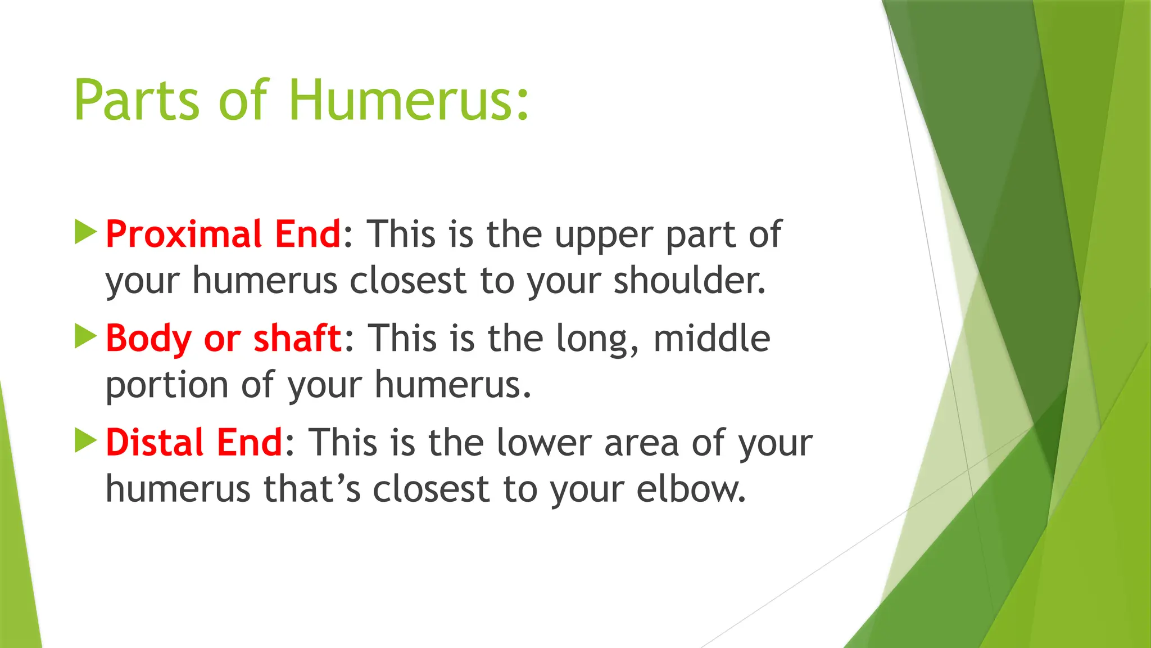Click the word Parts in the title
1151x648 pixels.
(x=137, y=100)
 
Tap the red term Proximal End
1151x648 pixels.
(x=223, y=234)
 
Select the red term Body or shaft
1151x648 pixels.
(x=224, y=339)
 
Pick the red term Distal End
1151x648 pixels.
(x=194, y=443)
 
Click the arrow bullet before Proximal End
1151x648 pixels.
(x=85, y=232)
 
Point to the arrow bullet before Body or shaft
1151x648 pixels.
(x=85, y=336)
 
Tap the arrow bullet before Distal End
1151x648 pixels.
(x=85, y=440)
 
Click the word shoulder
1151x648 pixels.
(x=688, y=280)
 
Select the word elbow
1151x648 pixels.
(x=691, y=489)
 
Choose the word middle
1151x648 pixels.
(x=712, y=339)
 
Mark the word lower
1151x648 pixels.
(x=543, y=443)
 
